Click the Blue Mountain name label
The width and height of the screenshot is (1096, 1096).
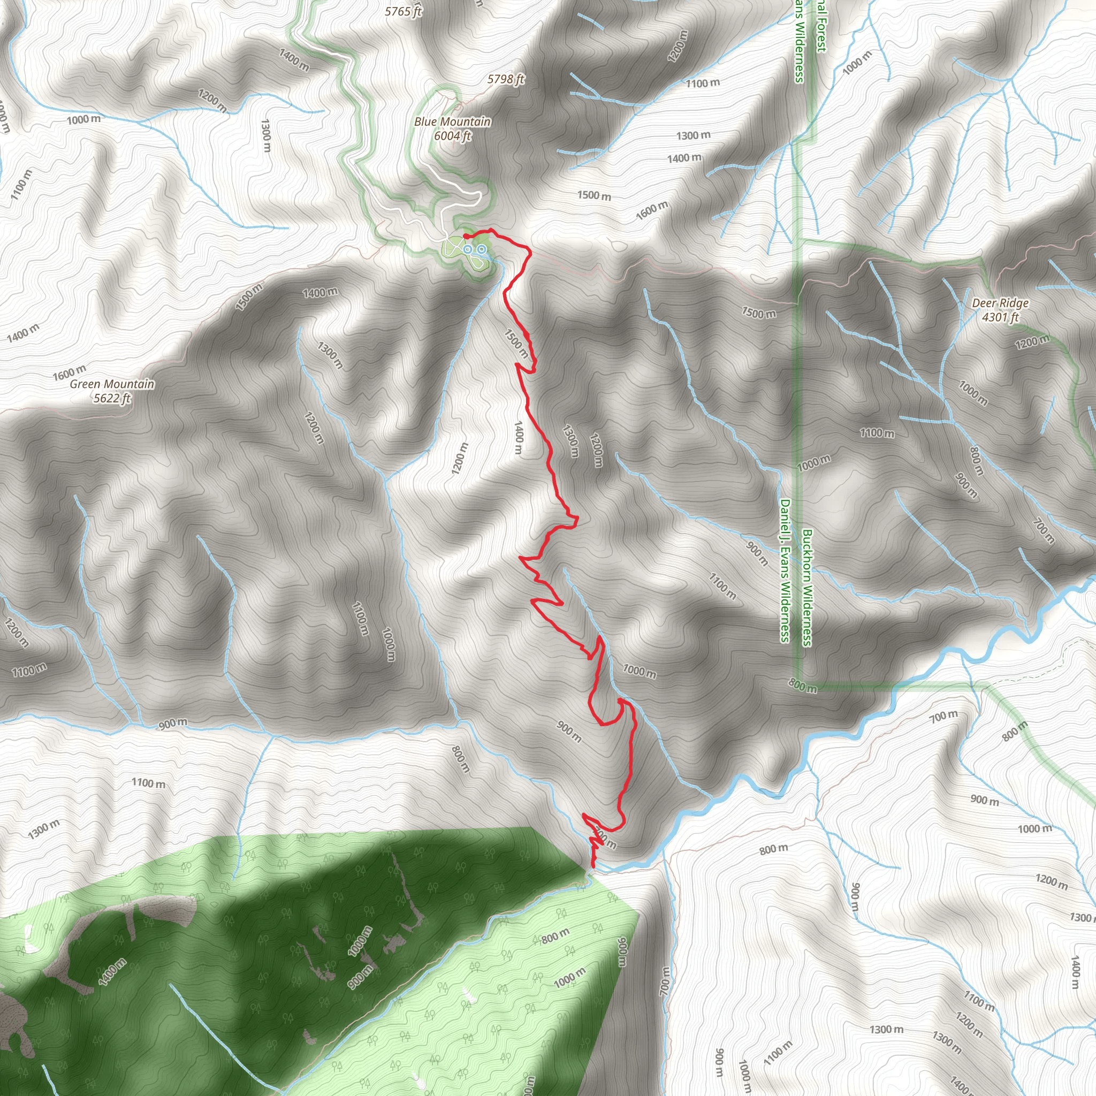coord(452,121)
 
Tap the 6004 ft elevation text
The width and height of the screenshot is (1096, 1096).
coord(452,135)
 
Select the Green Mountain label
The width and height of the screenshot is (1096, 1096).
coord(112,384)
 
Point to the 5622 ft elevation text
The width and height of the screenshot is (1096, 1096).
coord(112,398)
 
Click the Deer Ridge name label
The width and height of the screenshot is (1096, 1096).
coord(1000,303)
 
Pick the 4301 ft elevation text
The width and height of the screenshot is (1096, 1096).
coord(1000,317)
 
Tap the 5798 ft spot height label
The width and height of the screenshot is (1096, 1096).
coord(505,79)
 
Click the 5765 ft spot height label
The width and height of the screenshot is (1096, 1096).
coord(404,11)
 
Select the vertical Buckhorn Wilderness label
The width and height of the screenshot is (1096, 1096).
coord(806,588)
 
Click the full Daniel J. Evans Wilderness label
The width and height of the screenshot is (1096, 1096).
coord(785,570)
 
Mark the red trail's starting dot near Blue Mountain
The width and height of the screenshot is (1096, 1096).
coord(465,235)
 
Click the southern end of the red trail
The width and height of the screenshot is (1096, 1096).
coord(593,866)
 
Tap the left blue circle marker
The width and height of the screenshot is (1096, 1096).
coord(467,249)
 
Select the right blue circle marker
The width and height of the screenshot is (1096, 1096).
coord(481,249)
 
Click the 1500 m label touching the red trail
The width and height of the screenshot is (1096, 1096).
coord(516,344)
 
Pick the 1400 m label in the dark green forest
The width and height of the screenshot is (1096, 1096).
coord(112,972)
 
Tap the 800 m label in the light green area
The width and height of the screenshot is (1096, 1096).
coord(555,935)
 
